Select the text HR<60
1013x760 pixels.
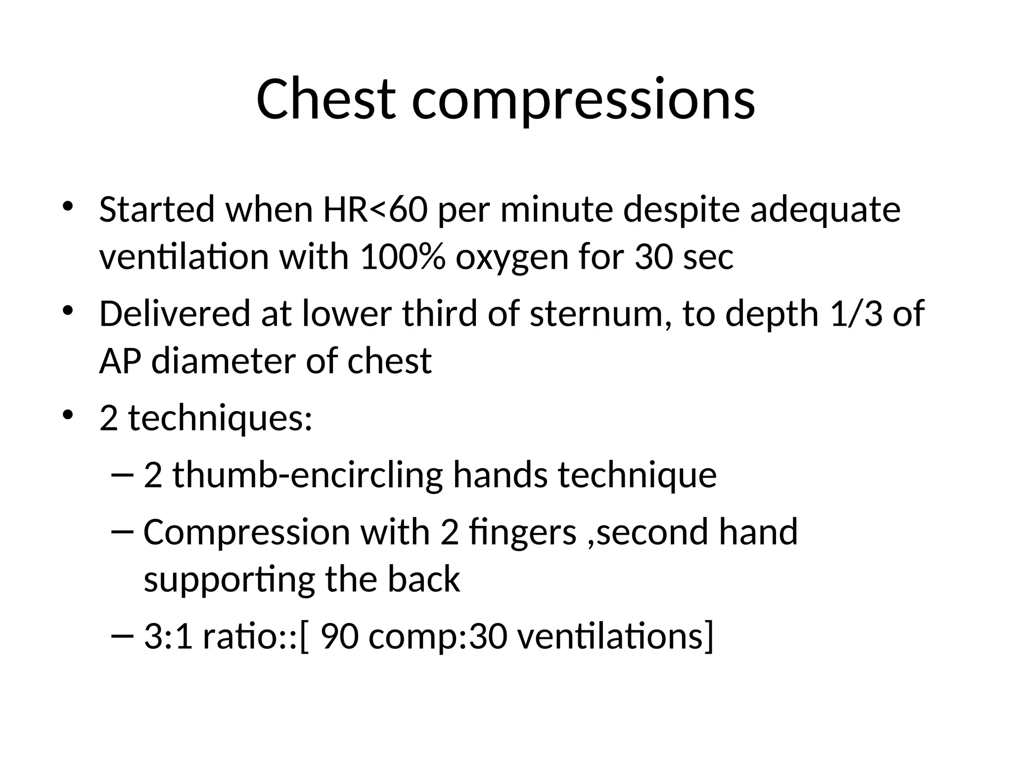point(375,209)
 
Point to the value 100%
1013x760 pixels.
point(402,257)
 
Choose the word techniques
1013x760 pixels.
point(220,419)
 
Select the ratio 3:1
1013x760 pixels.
point(168,636)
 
